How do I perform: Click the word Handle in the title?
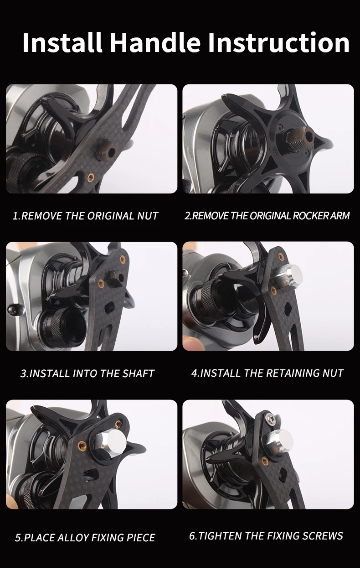pos(155,42)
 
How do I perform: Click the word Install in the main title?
pos(62,42)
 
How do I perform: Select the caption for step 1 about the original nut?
pos(85,216)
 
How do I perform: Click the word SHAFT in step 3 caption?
pos(138,374)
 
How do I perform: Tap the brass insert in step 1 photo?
pos(90,177)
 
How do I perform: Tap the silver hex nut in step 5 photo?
pos(110,441)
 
